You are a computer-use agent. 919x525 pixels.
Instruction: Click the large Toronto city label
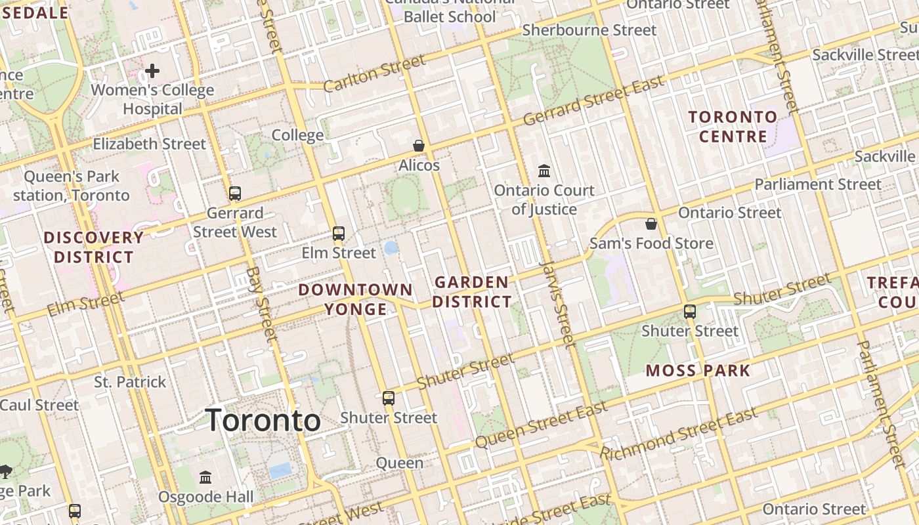tap(263, 420)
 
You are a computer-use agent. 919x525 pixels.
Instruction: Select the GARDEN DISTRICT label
tap(472, 292)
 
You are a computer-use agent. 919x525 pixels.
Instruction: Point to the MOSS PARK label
tap(697, 371)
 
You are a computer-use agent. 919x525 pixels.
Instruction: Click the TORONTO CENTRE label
tap(733, 127)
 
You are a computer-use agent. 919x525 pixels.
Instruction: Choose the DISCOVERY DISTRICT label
tap(93, 247)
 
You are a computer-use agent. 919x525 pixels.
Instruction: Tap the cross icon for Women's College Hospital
tap(152, 70)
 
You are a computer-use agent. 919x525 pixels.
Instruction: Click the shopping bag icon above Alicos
tap(418, 145)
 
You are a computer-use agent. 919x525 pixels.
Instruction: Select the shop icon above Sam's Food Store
tap(651, 224)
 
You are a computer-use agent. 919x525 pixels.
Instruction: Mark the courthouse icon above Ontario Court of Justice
tap(544, 171)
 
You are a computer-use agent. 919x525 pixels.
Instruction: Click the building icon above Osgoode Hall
tap(205, 477)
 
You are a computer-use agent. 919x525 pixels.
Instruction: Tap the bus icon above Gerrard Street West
tap(234, 194)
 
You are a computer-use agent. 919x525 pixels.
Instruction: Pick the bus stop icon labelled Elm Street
tap(339, 234)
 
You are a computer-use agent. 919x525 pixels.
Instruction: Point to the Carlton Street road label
tap(374, 74)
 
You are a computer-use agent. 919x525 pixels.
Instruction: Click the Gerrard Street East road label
tap(594, 100)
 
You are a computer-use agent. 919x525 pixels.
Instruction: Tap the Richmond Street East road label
tap(679, 434)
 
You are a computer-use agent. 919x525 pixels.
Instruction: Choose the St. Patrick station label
tap(130, 382)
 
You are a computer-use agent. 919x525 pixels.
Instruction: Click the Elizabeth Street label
tap(149, 144)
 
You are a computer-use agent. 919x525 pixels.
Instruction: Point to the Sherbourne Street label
tap(589, 30)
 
